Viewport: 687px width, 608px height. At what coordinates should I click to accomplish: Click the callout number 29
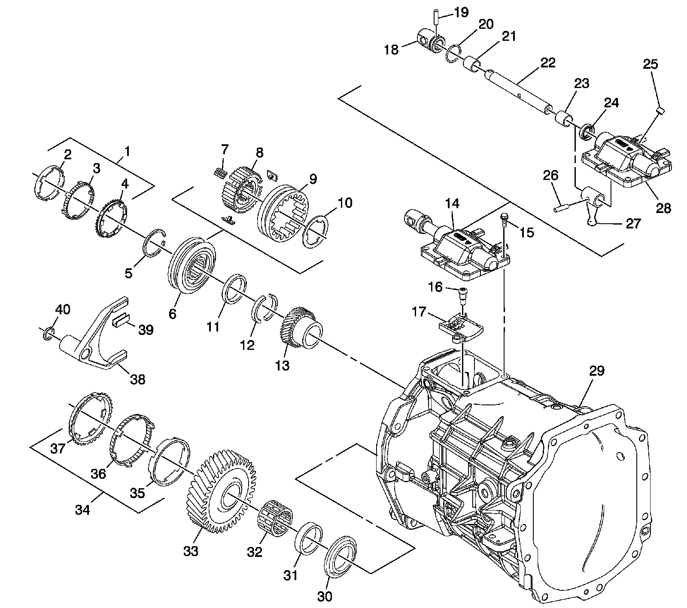click(597, 371)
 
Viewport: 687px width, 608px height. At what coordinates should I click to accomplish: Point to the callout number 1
click(128, 151)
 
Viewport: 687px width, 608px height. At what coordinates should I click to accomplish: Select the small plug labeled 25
click(661, 112)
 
